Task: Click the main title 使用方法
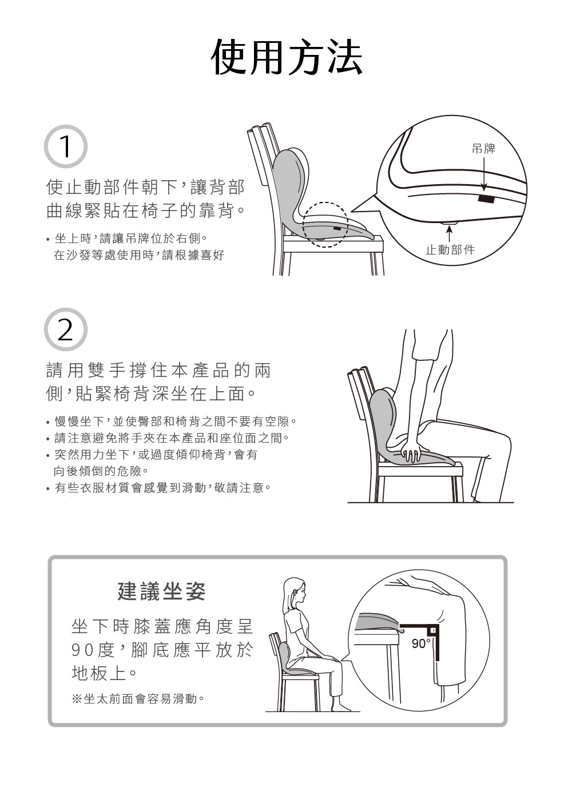[x=287, y=57]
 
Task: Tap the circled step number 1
[x=66, y=146]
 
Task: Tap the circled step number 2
[x=66, y=329]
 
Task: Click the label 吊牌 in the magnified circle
[x=483, y=149]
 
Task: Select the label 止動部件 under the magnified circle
[x=450, y=250]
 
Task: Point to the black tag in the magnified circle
[x=486, y=199]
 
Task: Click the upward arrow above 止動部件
[x=450, y=234]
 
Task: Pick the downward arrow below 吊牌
[x=484, y=174]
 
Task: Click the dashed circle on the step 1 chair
[x=325, y=202]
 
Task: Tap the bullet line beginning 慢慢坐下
[x=172, y=422]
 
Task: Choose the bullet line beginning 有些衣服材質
[x=159, y=488]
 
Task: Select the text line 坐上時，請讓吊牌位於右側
[x=127, y=239]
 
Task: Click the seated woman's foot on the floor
[x=341, y=708]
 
